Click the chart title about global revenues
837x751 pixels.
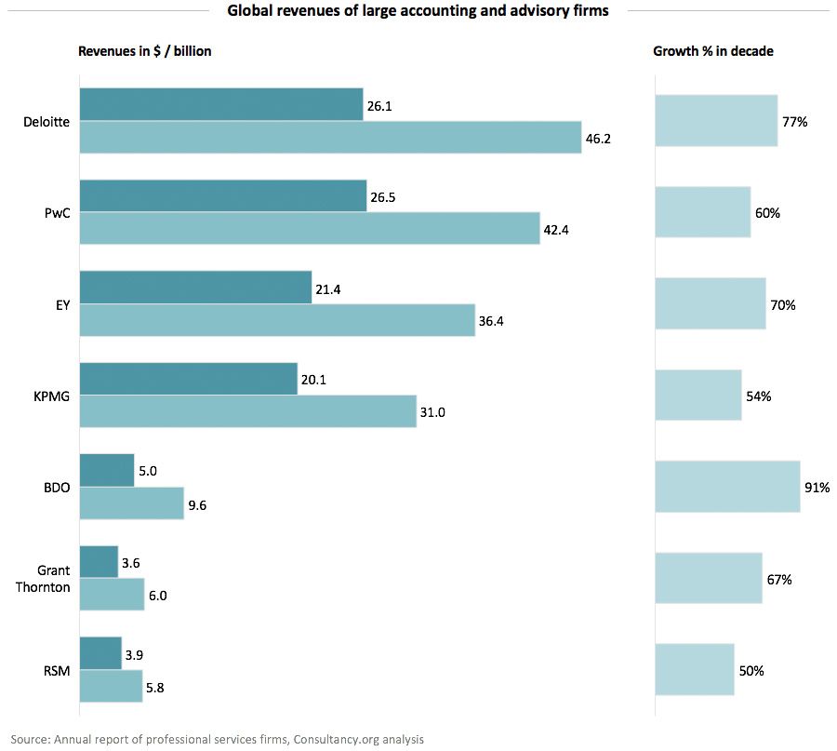pos(418,11)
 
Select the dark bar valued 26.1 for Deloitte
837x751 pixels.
pos(221,104)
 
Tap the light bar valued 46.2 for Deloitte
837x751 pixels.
pos(330,137)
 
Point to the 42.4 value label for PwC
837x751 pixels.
pos(556,229)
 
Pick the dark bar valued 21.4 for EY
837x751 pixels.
pos(195,288)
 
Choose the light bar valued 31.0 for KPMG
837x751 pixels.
pos(247,411)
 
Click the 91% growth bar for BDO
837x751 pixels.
pos(727,486)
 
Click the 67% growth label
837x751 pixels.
pos(779,580)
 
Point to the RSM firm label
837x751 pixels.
pos(57,670)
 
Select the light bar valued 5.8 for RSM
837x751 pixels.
pos(111,686)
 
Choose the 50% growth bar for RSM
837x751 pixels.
pos(694,669)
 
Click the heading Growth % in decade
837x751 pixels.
pos(713,52)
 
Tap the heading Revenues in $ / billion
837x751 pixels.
pos(145,52)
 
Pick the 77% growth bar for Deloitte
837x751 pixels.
pos(716,121)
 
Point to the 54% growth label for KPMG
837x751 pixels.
pos(759,396)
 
